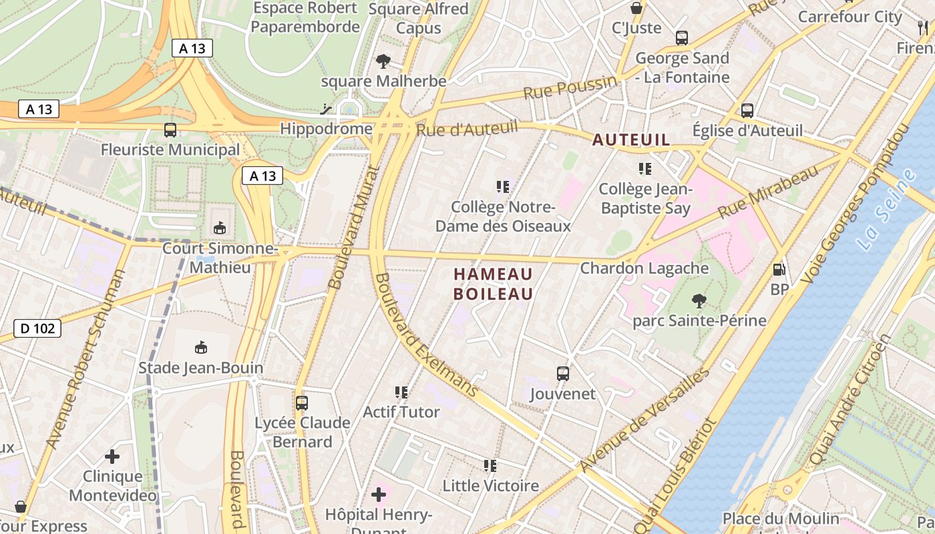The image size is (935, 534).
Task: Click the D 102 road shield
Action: (x=37, y=328)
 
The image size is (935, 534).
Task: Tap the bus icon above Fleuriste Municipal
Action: (x=170, y=130)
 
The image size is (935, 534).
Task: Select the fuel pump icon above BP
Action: (x=779, y=270)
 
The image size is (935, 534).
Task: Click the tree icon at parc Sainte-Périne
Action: (x=699, y=301)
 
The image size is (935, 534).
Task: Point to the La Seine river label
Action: (x=887, y=210)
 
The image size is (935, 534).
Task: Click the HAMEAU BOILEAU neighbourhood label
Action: (x=494, y=284)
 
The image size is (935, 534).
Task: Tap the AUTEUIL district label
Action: (x=631, y=140)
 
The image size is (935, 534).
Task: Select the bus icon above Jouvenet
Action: (x=563, y=374)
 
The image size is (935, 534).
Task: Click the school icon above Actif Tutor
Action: (x=401, y=392)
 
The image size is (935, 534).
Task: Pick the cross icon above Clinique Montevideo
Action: (x=112, y=457)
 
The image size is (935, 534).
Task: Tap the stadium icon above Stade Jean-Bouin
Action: (x=200, y=348)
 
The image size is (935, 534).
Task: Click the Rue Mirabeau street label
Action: (x=768, y=192)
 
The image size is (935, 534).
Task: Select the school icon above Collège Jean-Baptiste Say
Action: (x=644, y=169)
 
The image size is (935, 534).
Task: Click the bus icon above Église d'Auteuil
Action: (x=747, y=111)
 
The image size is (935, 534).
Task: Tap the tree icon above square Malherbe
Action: (x=383, y=61)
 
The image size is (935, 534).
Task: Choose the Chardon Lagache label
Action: (x=644, y=268)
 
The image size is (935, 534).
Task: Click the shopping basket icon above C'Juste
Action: (x=636, y=8)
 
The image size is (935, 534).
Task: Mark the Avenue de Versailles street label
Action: (x=644, y=419)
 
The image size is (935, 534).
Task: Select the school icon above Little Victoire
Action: (x=490, y=466)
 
